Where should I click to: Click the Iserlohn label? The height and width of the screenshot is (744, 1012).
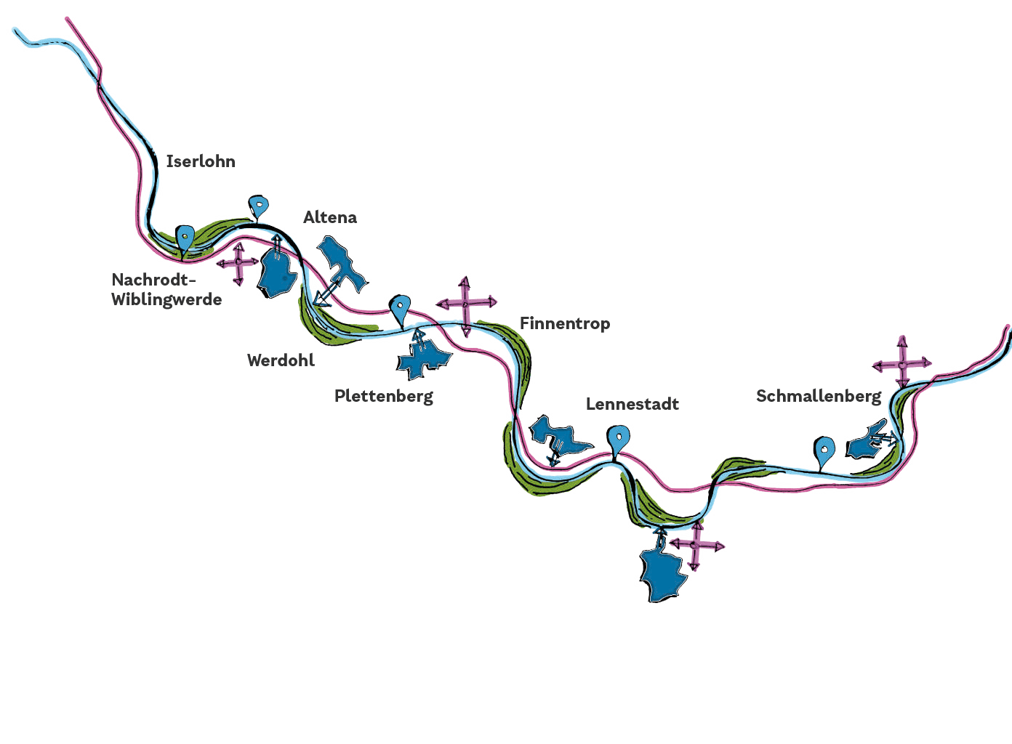click(201, 161)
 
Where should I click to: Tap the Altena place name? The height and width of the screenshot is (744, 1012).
click(330, 217)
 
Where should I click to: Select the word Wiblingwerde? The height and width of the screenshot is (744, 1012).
click(166, 299)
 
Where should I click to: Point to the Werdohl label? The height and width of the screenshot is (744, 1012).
click(281, 360)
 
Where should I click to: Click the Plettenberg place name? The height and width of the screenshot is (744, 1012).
click(383, 396)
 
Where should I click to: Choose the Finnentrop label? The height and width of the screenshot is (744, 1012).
click(564, 323)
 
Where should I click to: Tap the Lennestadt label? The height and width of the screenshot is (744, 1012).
click(632, 404)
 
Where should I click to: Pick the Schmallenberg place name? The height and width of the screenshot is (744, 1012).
click(818, 397)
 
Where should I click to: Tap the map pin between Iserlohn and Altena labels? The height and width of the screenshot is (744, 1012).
click(258, 206)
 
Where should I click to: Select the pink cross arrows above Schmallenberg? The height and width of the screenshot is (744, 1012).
click(902, 362)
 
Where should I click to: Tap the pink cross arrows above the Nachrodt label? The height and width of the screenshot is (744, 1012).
click(238, 262)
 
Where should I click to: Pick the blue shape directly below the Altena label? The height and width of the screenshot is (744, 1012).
click(340, 264)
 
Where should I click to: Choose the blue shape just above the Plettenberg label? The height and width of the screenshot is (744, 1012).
click(424, 357)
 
